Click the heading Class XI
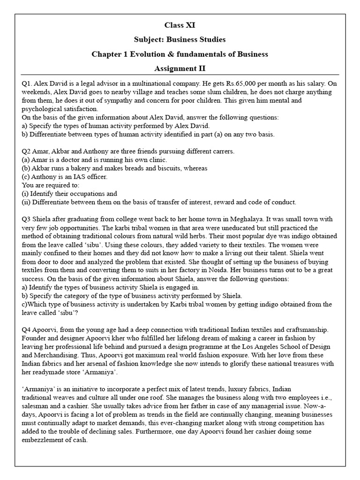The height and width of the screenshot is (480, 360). pos(180,25)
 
